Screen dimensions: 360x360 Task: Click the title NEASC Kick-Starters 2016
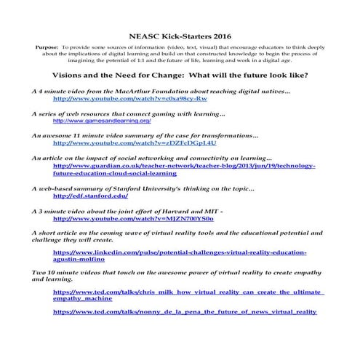(x=180, y=34)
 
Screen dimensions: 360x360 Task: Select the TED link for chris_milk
(x=188, y=292)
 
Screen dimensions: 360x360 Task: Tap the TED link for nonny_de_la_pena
(x=185, y=312)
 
